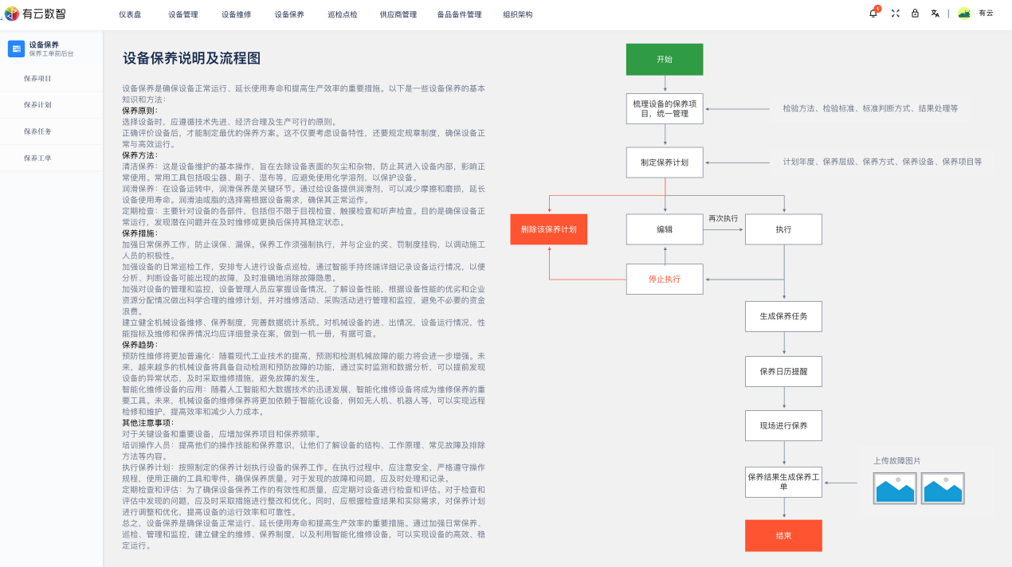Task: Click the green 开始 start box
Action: (665, 60)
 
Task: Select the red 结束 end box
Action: (783, 536)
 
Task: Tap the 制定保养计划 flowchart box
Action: (665, 162)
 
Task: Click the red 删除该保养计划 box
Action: (549, 229)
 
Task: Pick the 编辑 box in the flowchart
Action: (665, 229)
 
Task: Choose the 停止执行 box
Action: (665, 280)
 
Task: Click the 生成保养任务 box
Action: (783, 316)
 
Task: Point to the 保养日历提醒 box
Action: (783, 372)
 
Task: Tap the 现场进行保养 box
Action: (783, 426)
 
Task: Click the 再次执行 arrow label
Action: (724, 218)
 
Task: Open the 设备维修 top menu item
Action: (236, 14)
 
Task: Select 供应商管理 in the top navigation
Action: (398, 14)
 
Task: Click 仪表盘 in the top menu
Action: (130, 14)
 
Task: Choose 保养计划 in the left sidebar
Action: (37, 105)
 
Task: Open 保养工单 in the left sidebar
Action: (37, 158)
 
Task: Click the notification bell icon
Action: (873, 14)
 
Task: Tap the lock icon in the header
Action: (915, 14)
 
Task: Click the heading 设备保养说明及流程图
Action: (191, 59)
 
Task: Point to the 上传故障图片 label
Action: (896, 461)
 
